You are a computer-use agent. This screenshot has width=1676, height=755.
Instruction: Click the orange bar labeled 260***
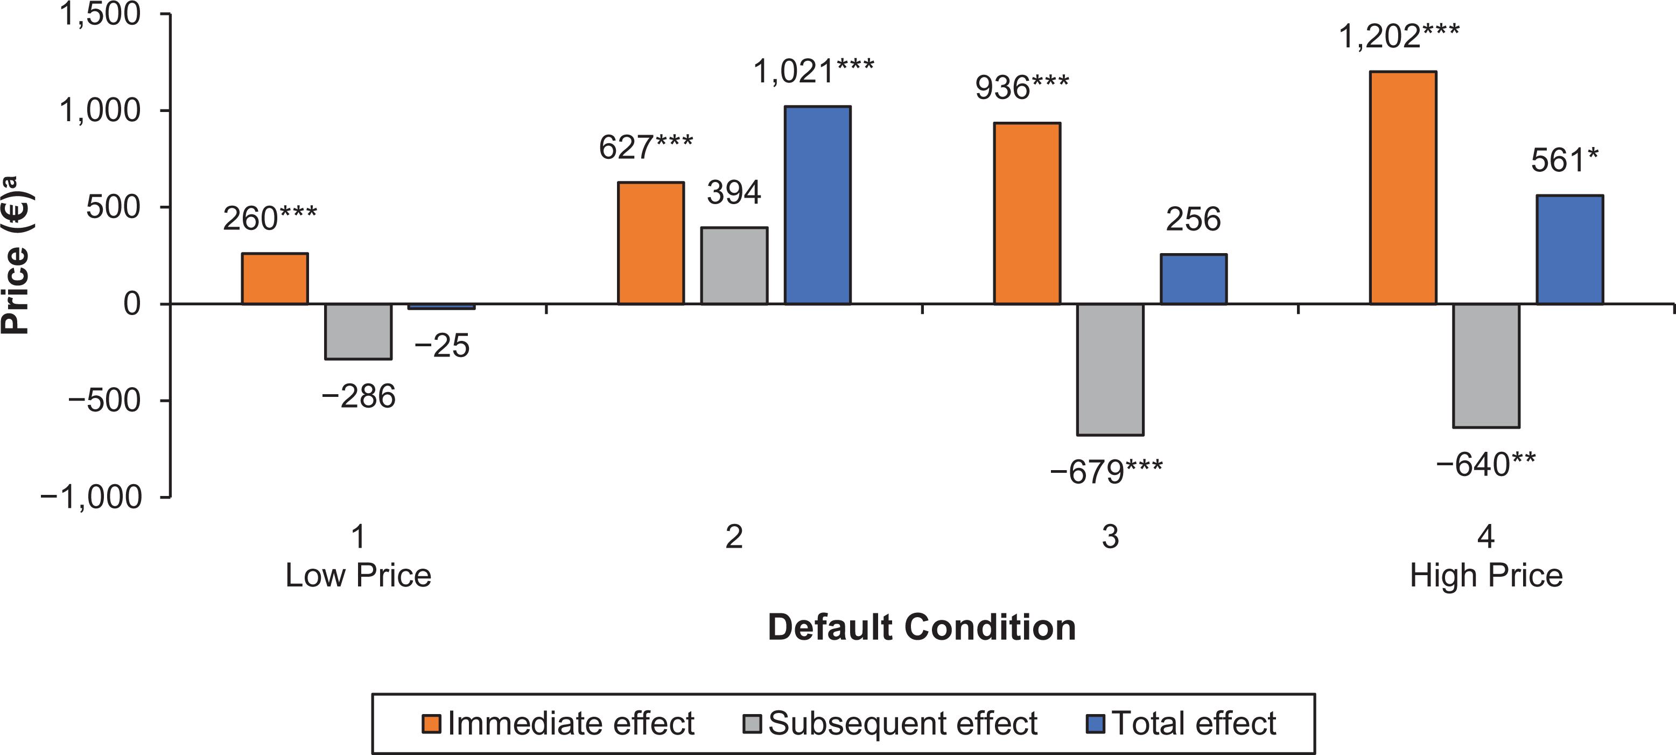(x=275, y=278)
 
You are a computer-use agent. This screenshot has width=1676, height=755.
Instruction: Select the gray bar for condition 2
(x=734, y=265)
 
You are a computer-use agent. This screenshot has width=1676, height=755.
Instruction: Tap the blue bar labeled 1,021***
(x=817, y=205)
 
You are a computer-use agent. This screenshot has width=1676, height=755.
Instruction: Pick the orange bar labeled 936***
(x=1027, y=213)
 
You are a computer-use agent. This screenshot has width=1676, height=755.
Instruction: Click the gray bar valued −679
(x=1110, y=369)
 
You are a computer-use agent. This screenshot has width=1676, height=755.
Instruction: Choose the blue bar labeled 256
(x=1194, y=278)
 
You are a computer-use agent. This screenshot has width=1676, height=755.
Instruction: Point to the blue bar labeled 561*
(x=1570, y=249)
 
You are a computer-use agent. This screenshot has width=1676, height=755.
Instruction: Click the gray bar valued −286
(x=359, y=331)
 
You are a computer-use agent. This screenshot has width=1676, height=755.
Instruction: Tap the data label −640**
(x=1485, y=464)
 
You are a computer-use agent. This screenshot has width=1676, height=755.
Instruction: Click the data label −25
(x=442, y=345)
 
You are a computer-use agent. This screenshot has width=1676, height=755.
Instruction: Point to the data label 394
(x=734, y=192)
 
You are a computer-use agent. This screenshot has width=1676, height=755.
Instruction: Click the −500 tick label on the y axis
(x=104, y=400)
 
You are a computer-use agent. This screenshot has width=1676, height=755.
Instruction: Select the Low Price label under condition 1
(x=359, y=575)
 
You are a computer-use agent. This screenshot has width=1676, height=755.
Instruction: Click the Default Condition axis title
(x=922, y=627)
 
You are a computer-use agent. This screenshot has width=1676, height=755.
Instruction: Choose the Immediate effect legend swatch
(x=431, y=724)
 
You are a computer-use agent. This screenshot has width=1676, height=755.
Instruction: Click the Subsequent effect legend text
(x=903, y=724)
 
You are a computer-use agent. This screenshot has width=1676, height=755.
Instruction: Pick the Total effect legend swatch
(x=1096, y=724)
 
